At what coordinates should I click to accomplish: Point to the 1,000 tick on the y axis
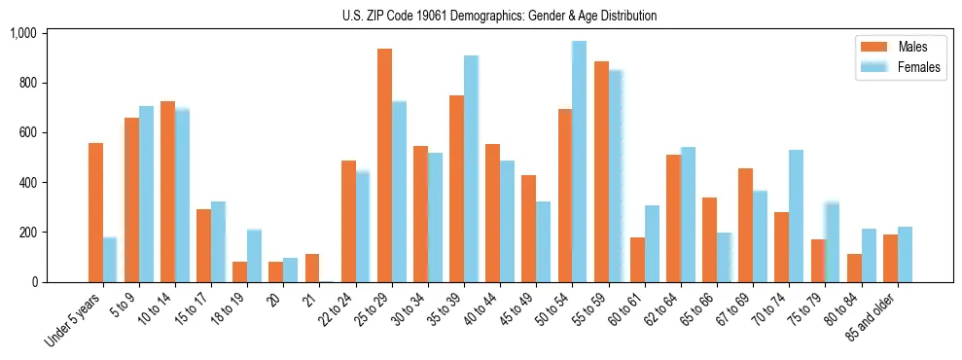22,33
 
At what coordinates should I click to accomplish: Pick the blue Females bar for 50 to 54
579,162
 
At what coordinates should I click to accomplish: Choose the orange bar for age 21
312,268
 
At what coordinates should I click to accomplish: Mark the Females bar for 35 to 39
471,168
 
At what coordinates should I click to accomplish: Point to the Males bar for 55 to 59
601,171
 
